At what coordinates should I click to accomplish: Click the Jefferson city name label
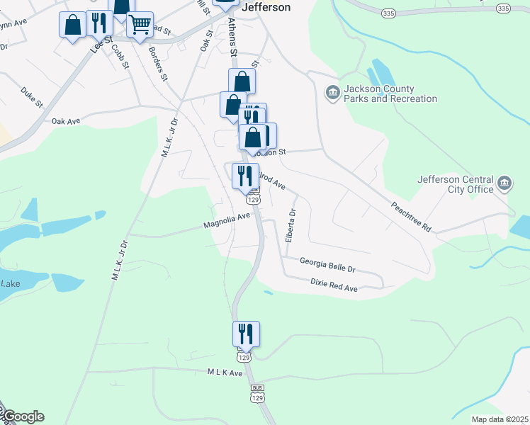(x=266, y=7)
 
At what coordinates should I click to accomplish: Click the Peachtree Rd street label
(x=411, y=217)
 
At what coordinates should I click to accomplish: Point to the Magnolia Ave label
(x=227, y=222)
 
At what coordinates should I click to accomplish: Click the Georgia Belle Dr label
(x=327, y=265)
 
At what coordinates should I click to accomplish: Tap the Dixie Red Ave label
(x=334, y=285)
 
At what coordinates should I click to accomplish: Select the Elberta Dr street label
(x=290, y=226)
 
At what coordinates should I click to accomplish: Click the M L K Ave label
(x=225, y=373)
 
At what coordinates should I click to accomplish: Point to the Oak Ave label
(x=66, y=122)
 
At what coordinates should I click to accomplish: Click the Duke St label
(x=33, y=97)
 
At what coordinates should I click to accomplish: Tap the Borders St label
(x=157, y=64)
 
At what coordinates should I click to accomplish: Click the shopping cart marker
(x=140, y=24)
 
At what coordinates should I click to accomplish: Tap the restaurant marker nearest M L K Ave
(x=246, y=334)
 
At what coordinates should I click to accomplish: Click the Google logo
(x=23, y=416)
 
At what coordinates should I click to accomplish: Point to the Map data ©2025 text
(x=499, y=419)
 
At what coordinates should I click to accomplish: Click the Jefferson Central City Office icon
(x=504, y=184)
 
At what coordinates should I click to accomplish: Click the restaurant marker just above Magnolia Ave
(x=245, y=176)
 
